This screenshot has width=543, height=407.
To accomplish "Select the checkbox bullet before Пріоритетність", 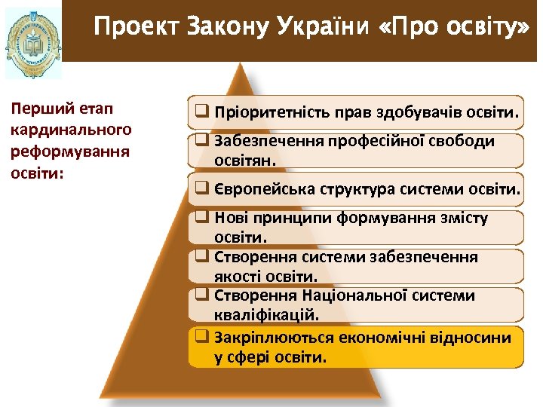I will pyautogui.click(x=201, y=113).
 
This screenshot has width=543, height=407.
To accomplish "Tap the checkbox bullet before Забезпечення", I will pyautogui.click(x=201, y=140).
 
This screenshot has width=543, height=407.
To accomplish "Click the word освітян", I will pyautogui.click(x=246, y=161).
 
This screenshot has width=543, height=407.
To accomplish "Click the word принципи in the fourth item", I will pyautogui.click(x=286, y=219).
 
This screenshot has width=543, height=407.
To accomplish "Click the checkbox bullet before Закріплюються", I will pyautogui.click(x=201, y=336).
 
